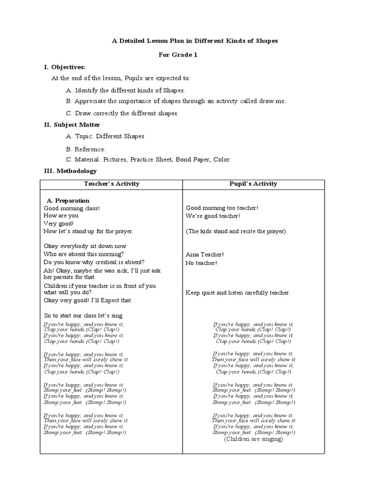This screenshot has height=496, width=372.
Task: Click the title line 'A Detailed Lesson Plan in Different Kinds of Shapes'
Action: tap(195, 41)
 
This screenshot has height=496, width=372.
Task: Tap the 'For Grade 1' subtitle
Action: tap(178, 55)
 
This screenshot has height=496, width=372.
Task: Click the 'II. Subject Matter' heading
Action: tap(72, 124)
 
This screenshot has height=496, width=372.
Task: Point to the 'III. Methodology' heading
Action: tap(70, 171)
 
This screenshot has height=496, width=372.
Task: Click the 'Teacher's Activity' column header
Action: tap(111, 184)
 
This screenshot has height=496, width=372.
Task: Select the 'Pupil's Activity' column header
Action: tap(253, 184)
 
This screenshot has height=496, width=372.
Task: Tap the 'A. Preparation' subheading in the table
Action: tap(68, 201)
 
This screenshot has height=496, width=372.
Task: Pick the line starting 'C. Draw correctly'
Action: tap(122, 113)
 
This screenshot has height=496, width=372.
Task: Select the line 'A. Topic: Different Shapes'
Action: tap(105, 137)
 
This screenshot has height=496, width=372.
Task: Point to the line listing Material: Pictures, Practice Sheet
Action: tap(147, 159)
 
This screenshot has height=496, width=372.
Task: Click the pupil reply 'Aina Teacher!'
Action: tap(205, 254)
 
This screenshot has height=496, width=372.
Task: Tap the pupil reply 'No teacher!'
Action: tap(201, 263)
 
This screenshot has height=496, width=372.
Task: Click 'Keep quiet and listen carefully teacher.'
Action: tap(238, 293)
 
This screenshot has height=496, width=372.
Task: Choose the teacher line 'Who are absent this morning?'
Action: tap(83, 254)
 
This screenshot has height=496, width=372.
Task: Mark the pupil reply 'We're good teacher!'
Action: tap(213, 216)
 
